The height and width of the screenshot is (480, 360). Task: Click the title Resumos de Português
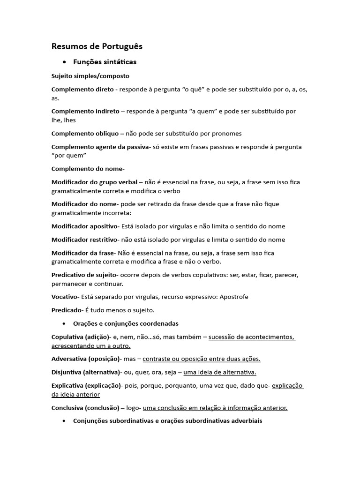click(x=97, y=46)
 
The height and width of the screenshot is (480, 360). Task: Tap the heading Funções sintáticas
click(x=105, y=62)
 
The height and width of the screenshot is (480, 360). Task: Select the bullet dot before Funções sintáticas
click(x=64, y=62)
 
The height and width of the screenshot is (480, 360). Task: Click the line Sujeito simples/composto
click(x=90, y=75)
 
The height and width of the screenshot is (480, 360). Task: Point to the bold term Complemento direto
click(x=82, y=89)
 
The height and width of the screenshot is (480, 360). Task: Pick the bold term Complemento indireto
click(x=85, y=111)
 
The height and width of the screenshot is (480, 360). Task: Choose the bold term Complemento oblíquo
click(x=85, y=134)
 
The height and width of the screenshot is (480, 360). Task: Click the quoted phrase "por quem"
click(x=69, y=155)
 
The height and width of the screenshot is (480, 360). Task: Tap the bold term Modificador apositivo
click(x=84, y=226)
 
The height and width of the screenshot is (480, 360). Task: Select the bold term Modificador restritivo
click(x=84, y=240)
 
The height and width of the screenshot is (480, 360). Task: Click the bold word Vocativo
click(x=65, y=297)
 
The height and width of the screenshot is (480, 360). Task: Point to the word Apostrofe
click(x=233, y=297)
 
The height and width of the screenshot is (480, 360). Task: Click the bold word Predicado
click(x=67, y=310)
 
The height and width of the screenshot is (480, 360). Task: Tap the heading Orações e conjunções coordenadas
click(x=126, y=323)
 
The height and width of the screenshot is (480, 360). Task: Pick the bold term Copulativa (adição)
click(x=80, y=337)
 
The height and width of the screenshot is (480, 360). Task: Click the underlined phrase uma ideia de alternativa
click(x=220, y=372)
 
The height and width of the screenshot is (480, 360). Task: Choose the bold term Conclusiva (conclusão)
click(x=85, y=408)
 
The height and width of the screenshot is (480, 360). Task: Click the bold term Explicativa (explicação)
click(x=86, y=386)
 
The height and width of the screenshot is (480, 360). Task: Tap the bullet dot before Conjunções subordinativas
click(x=64, y=421)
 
